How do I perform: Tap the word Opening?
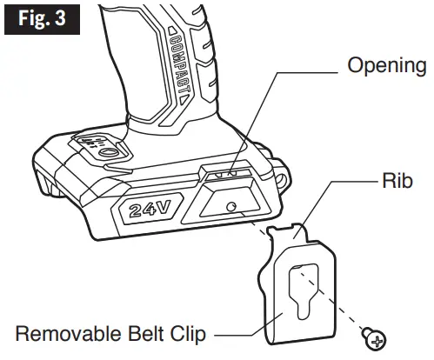(387, 65)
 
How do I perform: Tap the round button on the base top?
(106, 151)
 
